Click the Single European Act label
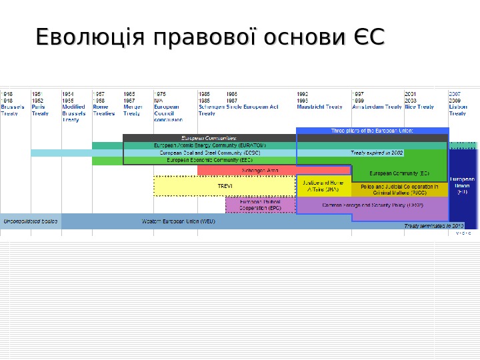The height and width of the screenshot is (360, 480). point(252,106)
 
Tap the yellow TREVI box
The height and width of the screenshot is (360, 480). point(225,186)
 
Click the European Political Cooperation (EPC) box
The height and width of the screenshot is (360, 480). point(261,205)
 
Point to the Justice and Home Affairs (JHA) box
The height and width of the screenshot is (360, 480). point(323,186)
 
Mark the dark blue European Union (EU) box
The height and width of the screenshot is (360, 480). point(463,187)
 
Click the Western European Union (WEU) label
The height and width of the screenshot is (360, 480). point(179,221)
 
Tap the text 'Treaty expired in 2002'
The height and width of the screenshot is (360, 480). point(377,153)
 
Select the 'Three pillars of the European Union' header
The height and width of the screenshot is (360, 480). point(372,131)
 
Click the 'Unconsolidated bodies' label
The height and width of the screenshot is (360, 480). point(31,221)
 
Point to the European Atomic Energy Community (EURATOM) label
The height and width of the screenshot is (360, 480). point(210,145)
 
